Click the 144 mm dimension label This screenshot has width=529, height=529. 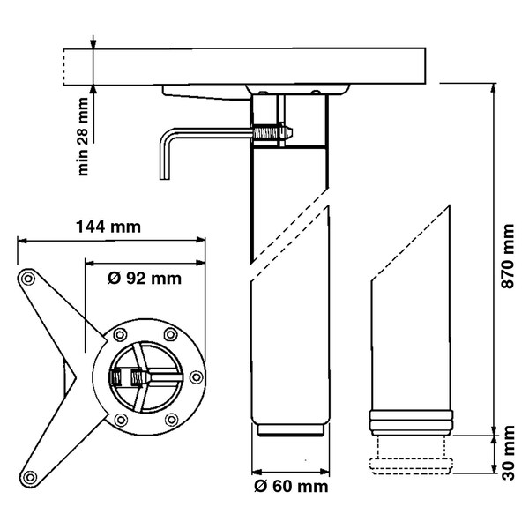point(108,227)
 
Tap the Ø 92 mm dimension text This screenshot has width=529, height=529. point(145,279)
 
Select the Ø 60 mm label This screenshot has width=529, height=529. point(291,487)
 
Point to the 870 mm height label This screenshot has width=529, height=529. point(508,256)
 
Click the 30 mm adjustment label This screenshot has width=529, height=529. point(508,452)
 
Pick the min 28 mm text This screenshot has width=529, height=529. point(83,137)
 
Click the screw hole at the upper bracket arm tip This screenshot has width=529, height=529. point(27,279)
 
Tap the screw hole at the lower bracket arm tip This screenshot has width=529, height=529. point(30,477)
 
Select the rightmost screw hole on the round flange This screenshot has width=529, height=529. point(197,376)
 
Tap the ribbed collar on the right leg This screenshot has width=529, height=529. point(412,422)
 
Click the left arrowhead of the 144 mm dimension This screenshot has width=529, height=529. point(22,241)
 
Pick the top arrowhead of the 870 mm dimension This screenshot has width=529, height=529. point(494,87)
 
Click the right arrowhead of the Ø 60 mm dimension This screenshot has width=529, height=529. point(324,472)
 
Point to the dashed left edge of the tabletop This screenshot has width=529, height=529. point(63,67)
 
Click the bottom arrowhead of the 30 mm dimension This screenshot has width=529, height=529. point(494,468)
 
